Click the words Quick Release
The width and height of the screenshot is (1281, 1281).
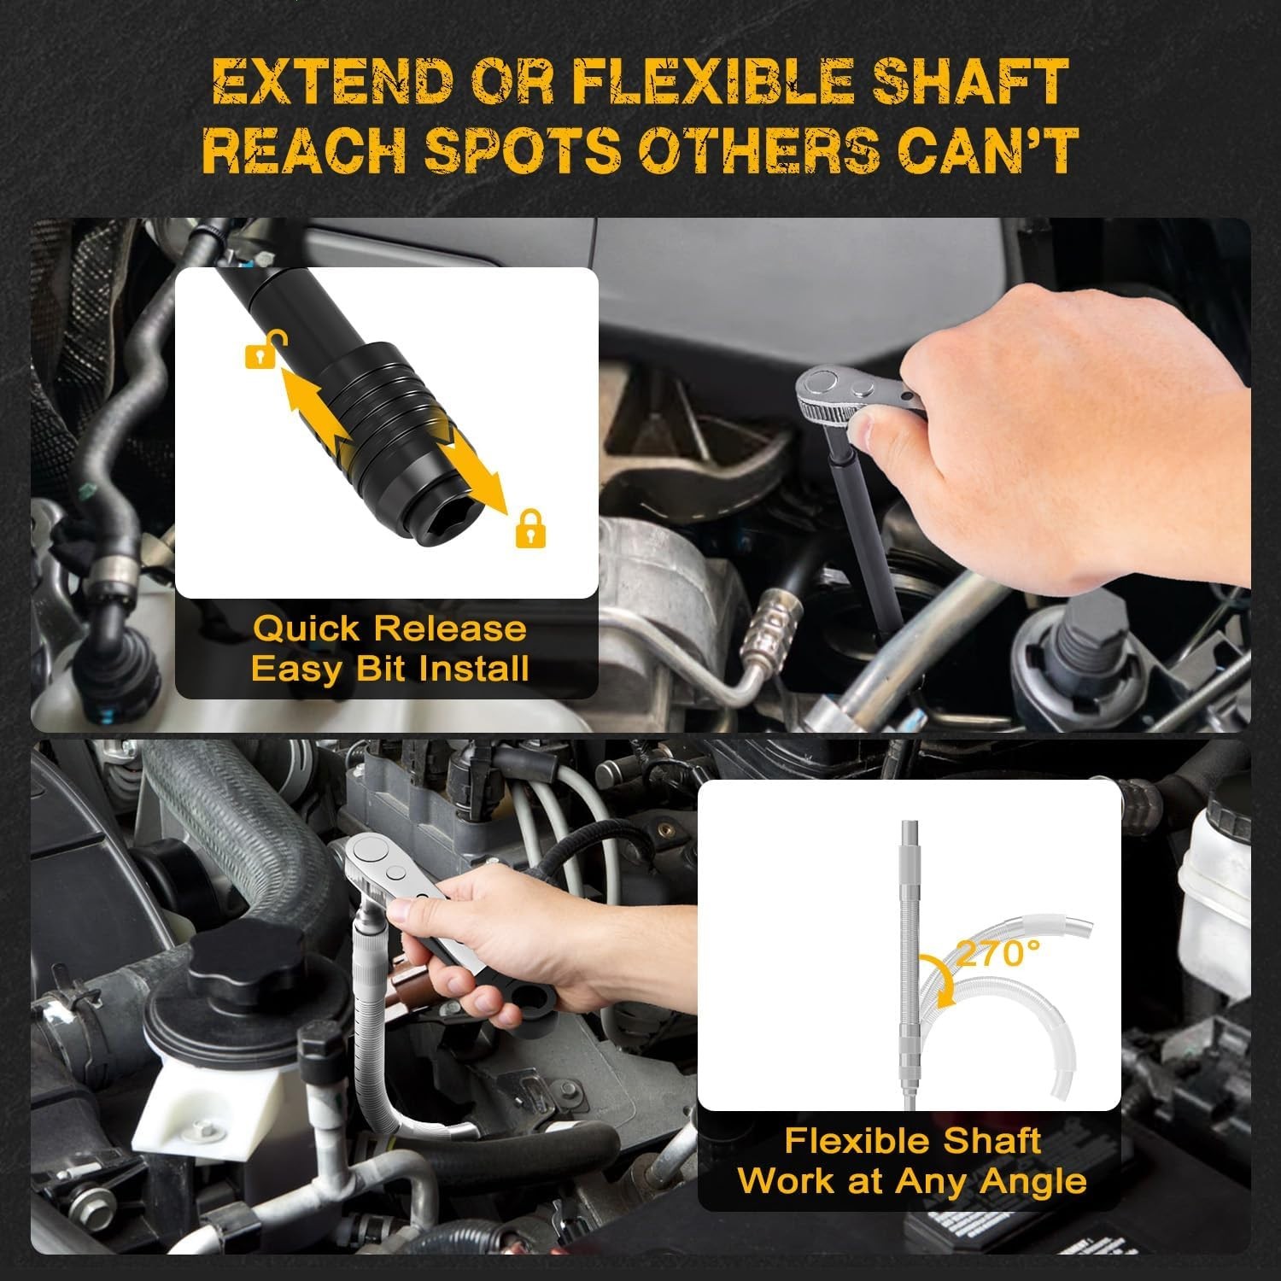pyautogui.click(x=390, y=629)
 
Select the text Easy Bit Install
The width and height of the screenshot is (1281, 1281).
pyautogui.click(x=390, y=668)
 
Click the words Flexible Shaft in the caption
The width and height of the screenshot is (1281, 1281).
pyautogui.click(x=912, y=1141)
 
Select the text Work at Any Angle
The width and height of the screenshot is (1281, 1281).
pyautogui.click(x=912, y=1181)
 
